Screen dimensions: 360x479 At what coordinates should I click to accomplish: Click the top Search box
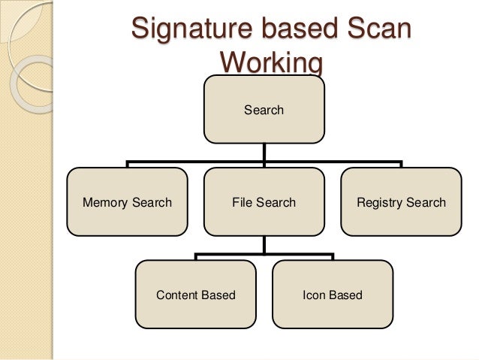click(264, 110)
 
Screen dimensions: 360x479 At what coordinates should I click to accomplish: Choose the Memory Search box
click(127, 202)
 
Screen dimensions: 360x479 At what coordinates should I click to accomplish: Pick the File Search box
click(264, 202)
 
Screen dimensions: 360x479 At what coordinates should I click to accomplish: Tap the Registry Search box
click(401, 202)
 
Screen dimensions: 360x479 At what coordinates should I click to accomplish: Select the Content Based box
click(195, 295)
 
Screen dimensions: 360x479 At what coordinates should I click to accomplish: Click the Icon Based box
click(332, 295)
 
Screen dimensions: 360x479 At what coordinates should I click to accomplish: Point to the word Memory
click(106, 202)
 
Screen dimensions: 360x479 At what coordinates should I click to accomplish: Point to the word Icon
click(314, 295)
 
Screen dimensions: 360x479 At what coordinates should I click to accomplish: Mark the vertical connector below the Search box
click(264, 152)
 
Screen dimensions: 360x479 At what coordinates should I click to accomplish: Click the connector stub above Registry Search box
click(401, 164)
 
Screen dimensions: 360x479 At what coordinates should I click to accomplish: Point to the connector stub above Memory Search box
click(127, 164)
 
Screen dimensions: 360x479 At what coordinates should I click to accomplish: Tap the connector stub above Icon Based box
click(332, 256)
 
